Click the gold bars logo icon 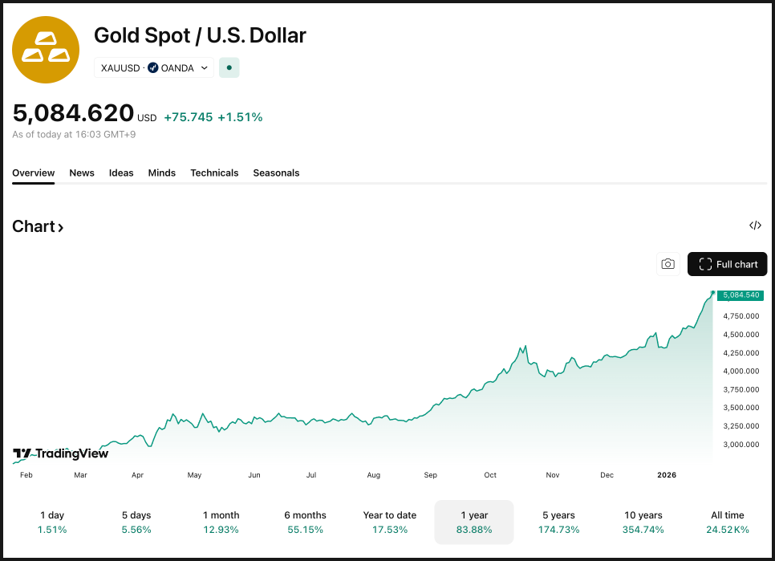tap(46, 50)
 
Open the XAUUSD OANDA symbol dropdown tap(154, 68)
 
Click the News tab tap(82, 173)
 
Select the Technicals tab tap(214, 173)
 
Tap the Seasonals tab tap(276, 173)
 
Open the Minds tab tap(162, 173)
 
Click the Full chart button tap(728, 264)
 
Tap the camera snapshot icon tap(667, 264)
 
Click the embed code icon tap(755, 226)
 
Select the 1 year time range tap(473, 522)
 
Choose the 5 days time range tap(136, 522)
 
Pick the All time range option tap(728, 522)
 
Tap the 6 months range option tap(305, 522)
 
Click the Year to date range tap(390, 522)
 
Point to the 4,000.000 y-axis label tap(741, 371)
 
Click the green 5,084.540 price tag tap(741, 295)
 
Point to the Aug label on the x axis tap(373, 475)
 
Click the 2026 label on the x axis tap(667, 475)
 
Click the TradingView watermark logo tap(61, 454)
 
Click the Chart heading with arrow tap(38, 226)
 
